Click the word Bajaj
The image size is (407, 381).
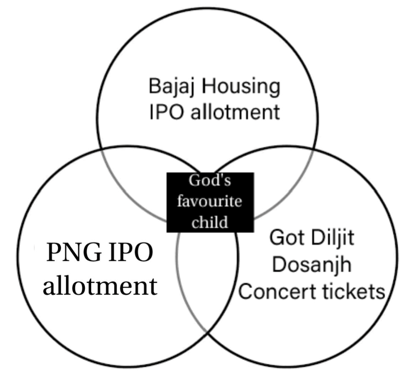(x=172, y=87)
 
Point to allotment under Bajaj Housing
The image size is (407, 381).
(x=235, y=112)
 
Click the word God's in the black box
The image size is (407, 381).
(x=210, y=180)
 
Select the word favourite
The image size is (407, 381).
(x=209, y=201)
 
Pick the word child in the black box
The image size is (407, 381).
(x=210, y=222)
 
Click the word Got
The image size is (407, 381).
(x=287, y=237)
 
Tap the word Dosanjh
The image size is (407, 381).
(x=312, y=265)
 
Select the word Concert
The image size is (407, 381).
(x=277, y=291)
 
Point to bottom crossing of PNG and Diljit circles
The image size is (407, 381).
(x=207, y=333)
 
